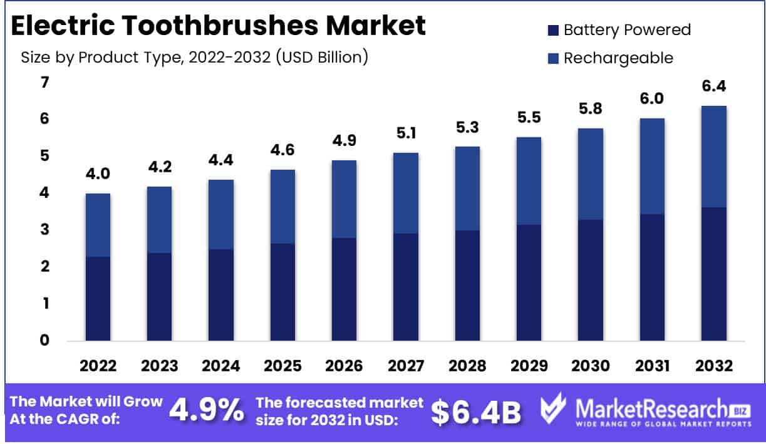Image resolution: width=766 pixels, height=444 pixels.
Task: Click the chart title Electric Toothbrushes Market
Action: pyautogui.click(x=219, y=26)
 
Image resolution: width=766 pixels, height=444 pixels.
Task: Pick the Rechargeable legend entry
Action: pyautogui.click(x=610, y=58)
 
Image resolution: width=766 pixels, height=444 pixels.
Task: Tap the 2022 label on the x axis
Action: pyautogui.click(x=98, y=366)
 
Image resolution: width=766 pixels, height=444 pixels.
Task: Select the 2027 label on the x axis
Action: pyautogui.click(x=406, y=366)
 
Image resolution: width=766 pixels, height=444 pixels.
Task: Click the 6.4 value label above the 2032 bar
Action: pyautogui.click(x=713, y=86)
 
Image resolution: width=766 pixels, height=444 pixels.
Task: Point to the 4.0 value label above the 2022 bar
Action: pyautogui.click(x=98, y=174)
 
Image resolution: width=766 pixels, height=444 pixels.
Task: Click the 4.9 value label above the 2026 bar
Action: pyautogui.click(x=344, y=141)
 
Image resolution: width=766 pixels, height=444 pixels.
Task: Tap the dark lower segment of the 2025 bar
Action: pyautogui.click(x=282, y=291)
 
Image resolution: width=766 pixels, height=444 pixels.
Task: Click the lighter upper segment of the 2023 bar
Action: pyautogui.click(x=160, y=219)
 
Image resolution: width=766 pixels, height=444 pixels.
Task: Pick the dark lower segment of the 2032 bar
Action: pyautogui.click(x=713, y=274)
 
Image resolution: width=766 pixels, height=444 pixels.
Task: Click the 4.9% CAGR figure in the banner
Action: pyautogui.click(x=207, y=411)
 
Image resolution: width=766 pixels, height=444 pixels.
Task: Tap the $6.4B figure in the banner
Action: pyautogui.click(x=476, y=411)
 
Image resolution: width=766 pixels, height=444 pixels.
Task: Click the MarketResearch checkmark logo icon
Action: pyautogui.click(x=553, y=411)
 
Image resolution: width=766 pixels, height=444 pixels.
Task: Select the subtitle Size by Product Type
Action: pyautogui.click(x=194, y=58)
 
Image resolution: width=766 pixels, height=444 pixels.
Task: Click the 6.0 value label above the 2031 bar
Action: pyautogui.click(x=652, y=99)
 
